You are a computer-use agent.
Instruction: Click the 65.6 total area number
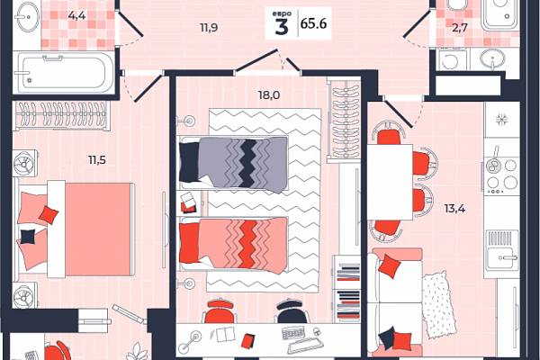coord(313,23)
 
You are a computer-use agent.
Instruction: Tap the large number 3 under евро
coord(282,26)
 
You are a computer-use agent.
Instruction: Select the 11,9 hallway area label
coord(209,28)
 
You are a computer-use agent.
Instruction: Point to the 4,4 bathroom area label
coord(76,15)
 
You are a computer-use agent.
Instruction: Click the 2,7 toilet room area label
coord(459,27)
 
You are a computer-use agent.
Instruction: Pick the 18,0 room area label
coord(269,94)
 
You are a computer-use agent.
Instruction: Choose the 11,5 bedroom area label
coord(97,160)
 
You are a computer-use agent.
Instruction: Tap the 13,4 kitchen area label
coord(454,209)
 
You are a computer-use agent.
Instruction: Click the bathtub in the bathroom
coord(63,73)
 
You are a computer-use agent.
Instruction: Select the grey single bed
coord(233,164)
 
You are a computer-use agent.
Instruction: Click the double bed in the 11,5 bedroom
coord(74,229)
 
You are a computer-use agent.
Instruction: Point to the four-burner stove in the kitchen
coord(501,175)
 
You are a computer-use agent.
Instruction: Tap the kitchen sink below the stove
coord(502,249)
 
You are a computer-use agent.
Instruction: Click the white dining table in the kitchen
coord(390,182)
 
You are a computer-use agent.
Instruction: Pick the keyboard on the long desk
coord(293,332)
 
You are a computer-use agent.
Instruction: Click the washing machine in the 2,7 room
coord(451,60)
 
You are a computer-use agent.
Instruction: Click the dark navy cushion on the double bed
coord(28,237)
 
